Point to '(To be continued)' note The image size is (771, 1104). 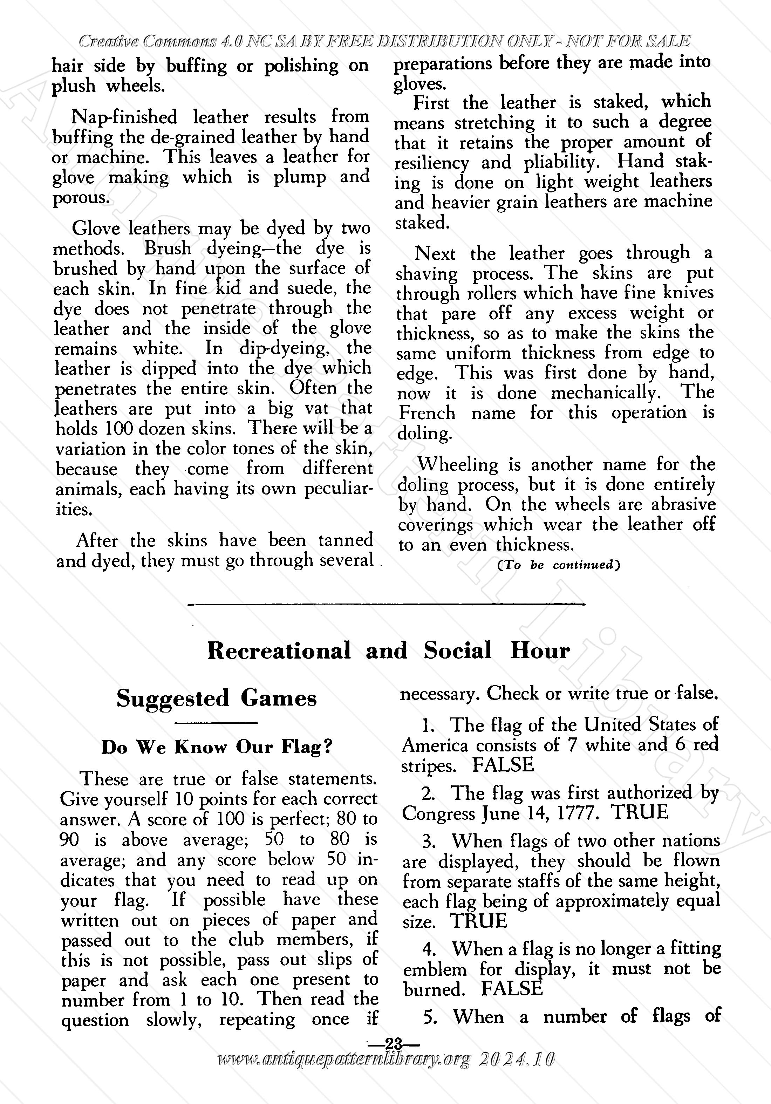[x=558, y=565]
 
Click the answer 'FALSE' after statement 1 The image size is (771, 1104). [x=503, y=765]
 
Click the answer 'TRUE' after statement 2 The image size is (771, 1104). [x=640, y=812]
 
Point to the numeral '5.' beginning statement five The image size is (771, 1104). [x=431, y=1017]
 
